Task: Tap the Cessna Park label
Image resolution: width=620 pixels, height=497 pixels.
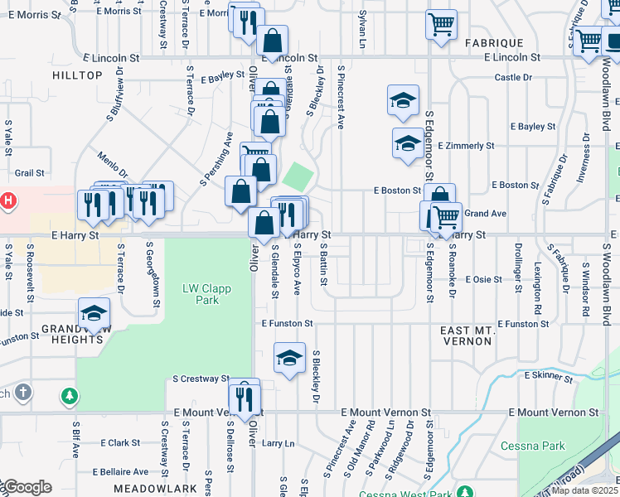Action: point(533,446)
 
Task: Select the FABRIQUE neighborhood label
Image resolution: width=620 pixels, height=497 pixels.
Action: point(494,42)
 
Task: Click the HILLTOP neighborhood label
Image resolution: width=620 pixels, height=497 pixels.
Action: point(77,75)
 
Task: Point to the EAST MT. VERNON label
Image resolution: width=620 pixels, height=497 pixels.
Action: point(479,335)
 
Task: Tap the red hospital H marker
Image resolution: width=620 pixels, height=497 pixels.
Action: point(7,201)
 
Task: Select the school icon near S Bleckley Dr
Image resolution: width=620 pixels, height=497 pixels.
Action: point(288,358)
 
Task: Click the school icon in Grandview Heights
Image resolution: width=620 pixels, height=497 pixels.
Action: point(94,314)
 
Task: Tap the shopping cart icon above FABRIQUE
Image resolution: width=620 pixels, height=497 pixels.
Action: point(441,22)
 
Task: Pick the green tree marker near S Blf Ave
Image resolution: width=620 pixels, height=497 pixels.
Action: point(70,395)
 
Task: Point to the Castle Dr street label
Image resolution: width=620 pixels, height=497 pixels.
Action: point(512,77)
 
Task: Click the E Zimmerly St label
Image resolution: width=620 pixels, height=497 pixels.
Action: point(469,146)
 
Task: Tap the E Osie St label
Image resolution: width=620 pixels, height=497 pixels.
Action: point(483,279)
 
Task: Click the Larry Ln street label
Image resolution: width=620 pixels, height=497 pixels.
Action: point(278,443)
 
